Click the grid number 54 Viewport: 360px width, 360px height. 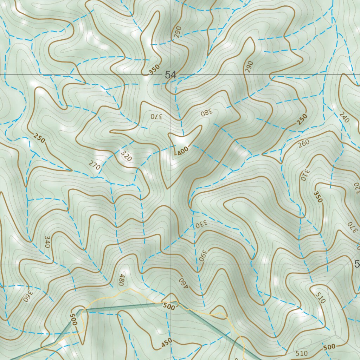[171, 75]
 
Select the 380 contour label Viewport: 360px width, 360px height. [207, 112]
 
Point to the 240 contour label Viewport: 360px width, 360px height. [344, 117]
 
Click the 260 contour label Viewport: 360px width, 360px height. [303, 143]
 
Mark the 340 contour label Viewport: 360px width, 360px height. [48, 242]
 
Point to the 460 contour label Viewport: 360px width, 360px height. [184, 283]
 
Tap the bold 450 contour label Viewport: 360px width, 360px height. [167, 343]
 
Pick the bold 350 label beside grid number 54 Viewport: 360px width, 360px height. [154, 69]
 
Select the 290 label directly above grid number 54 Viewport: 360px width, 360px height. [177, 32]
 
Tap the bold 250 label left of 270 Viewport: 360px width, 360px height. [39, 138]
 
